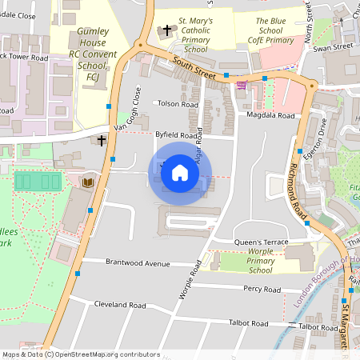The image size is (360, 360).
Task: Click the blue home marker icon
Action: pos(180,173)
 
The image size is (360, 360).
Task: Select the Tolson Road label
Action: pos(178,104)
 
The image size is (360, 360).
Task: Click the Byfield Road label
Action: pos(176,136)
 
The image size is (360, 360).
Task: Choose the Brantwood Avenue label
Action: pos(138,262)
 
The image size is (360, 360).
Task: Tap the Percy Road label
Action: pos(262,289)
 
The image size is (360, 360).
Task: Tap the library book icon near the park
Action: pos(88,182)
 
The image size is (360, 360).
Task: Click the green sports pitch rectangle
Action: pos(38,182)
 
